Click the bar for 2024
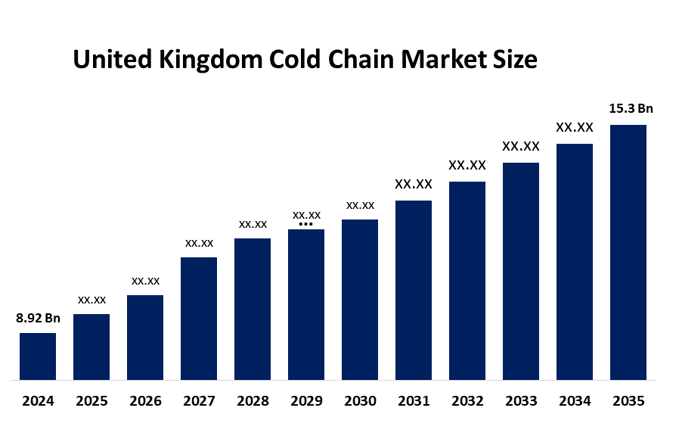[38, 356]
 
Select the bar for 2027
[199, 318]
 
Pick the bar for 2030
[360, 299]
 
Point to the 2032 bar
[467, 280]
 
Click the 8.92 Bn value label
[38, 318]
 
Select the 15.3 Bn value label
[631, 109]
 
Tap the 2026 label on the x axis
[145, 401]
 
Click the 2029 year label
[306, 401]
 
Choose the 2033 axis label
[521, 401]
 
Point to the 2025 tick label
[91, 401]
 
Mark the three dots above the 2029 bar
[305, 224]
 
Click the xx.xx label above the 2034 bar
[575, 128]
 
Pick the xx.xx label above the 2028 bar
[253, 224]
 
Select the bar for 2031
[414, 290]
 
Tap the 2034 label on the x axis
[575, 401]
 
